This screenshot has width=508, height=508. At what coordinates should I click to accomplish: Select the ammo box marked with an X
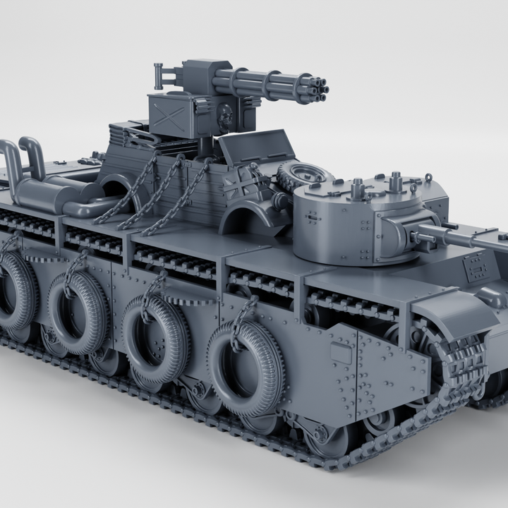pos(169,116)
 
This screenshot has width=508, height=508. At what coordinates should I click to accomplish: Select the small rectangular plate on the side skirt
pos(342,353)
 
